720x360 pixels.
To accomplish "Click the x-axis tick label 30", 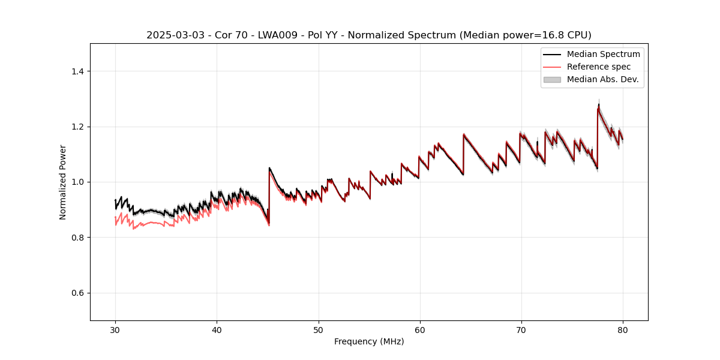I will point(115,329).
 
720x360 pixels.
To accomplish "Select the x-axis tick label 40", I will point(217,329).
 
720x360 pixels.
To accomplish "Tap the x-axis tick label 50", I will point(318,329).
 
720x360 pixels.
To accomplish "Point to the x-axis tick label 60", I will point(419,329).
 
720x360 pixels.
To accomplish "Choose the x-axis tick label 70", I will point(521,329).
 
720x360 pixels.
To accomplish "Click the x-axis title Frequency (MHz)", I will point(369,341).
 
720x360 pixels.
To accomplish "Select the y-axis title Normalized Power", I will point(63,182).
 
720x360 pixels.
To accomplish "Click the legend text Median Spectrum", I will point(603,54).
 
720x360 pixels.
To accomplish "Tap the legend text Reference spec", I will point(599,67).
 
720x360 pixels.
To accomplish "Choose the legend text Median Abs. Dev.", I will point(602,79).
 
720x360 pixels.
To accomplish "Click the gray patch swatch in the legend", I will point(551,79).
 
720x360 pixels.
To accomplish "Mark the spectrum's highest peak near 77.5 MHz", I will point(598,105).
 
